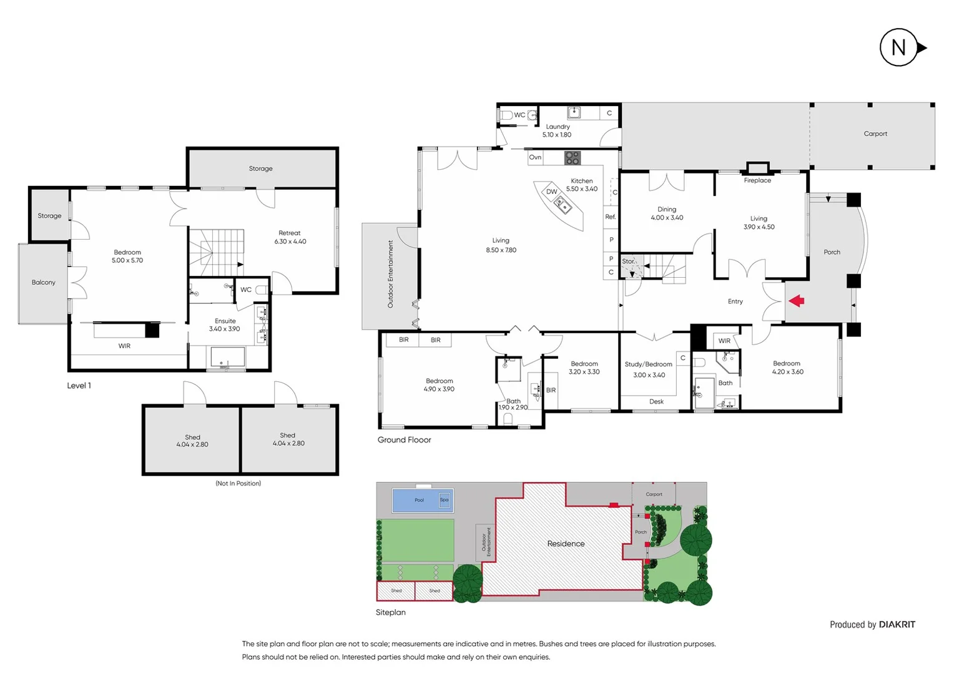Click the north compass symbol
(900, 47)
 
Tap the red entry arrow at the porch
(796, 301)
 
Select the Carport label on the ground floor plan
(875, 134)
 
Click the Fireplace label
(757, 180)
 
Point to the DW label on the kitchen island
(551, 192)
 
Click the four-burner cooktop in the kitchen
(573, 158)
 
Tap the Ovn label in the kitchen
(535, 157)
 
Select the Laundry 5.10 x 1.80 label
(557, 130)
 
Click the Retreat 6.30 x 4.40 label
(290, 237)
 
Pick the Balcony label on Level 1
(43, 283)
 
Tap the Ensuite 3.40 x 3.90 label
(225, 325)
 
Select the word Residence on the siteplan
(566, 544)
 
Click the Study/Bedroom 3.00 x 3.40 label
(649, 369)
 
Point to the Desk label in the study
(656, 401)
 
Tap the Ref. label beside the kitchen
(610, 217)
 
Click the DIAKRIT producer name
(897, 625)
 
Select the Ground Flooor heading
(404, 440)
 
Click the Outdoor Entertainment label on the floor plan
(391, 274)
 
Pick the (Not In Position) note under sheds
(238, 483)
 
